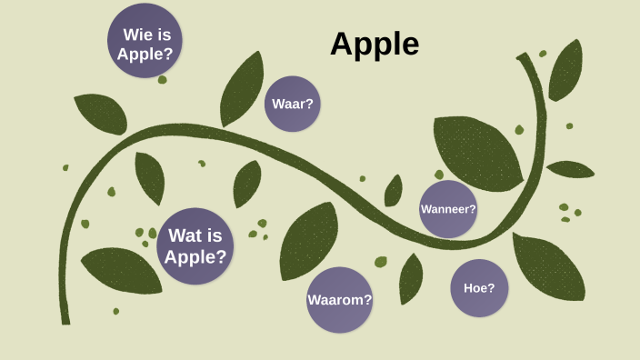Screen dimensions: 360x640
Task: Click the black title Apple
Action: pyautogui.click(x=375, y=44)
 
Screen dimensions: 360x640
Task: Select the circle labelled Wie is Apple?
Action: pyautogui.click(x=145, y=42)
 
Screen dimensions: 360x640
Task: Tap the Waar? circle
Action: pyautogui.click(x=293, y=104)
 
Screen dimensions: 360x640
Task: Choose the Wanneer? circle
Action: pyautogui.click(x=448, y=209)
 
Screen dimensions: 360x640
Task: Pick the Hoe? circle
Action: pyautogui.click(x=479, y=288)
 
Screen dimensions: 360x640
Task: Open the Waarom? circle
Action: pyautogui.click(x=340, y=299)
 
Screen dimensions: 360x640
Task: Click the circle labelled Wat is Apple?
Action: pyautogui.click(x=195, y=246)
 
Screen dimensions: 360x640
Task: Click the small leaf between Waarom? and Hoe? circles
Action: pyautogui.click(x=411, y=276)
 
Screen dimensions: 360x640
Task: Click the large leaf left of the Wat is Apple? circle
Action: pyautogui.click(x=121, y=269)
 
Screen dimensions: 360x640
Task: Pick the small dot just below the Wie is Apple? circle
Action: pyautogui.click(x=163, y=80)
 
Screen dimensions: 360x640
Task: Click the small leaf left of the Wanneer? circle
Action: pyautogui.click(x=393, y=191)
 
